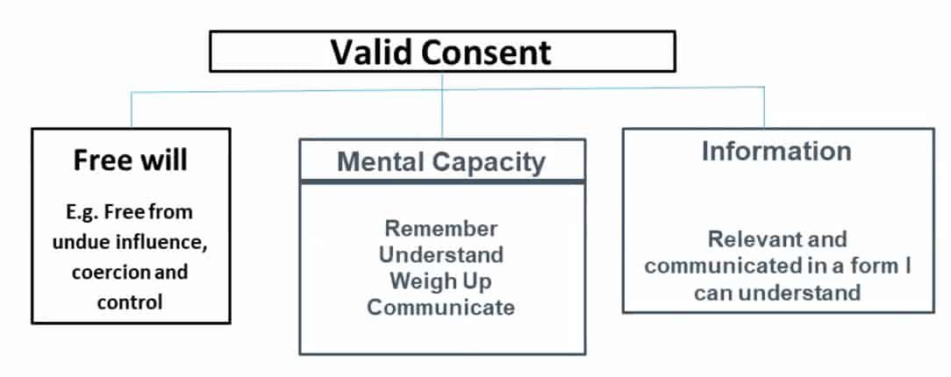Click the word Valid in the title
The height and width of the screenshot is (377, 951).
pos(370,53)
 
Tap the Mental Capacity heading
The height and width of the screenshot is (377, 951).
pos(441,161)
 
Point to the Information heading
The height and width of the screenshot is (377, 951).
pos(776,151)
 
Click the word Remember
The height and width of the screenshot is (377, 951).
pos(441,229)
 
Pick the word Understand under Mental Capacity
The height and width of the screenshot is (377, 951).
pos(441,255)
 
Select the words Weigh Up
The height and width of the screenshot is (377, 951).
pos(441,281)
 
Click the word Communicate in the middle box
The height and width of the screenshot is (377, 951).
pos(441,308)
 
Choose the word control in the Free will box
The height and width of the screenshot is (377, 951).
pos(131,301)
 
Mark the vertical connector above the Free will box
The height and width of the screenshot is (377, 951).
pos(132,110)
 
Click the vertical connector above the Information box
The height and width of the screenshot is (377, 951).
pos(764,108)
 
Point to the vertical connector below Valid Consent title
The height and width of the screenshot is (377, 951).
pos(442,105)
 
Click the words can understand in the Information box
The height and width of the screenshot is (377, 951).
pos(776,292)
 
